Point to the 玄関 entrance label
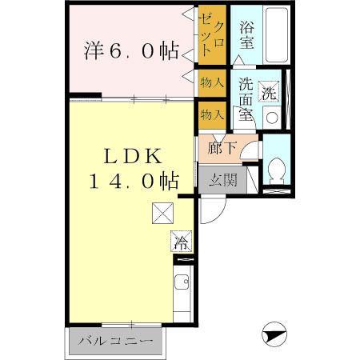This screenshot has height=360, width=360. pyautogui.click(x=224, y=180)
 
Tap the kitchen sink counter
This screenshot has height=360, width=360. pyautogui.click(x=182, y=292)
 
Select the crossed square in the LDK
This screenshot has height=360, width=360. pyautogui.click(x=163, y=214)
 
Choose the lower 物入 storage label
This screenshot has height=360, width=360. pyautogui.click(x=212, y=114)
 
